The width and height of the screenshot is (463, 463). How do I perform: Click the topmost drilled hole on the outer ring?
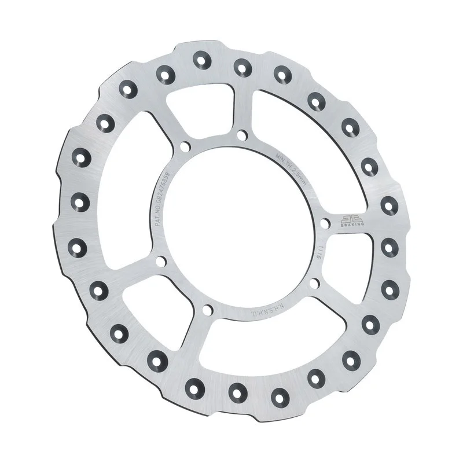click(201, 59)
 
